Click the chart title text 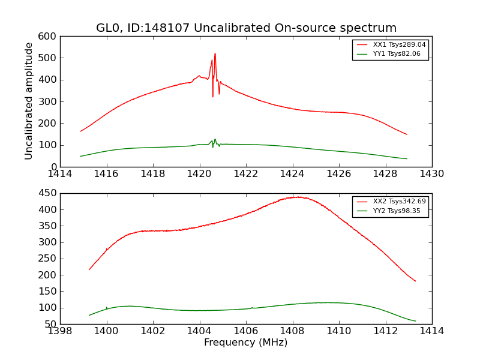pos(246,28)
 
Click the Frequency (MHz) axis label pos(246,343)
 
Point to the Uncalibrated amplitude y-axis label pos(29,101)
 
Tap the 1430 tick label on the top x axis pos(431,174)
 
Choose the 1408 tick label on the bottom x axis pos(292,331)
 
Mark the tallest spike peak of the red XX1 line pos(215,53)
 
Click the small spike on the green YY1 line pos(215,139)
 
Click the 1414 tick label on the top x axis pos(60,174)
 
